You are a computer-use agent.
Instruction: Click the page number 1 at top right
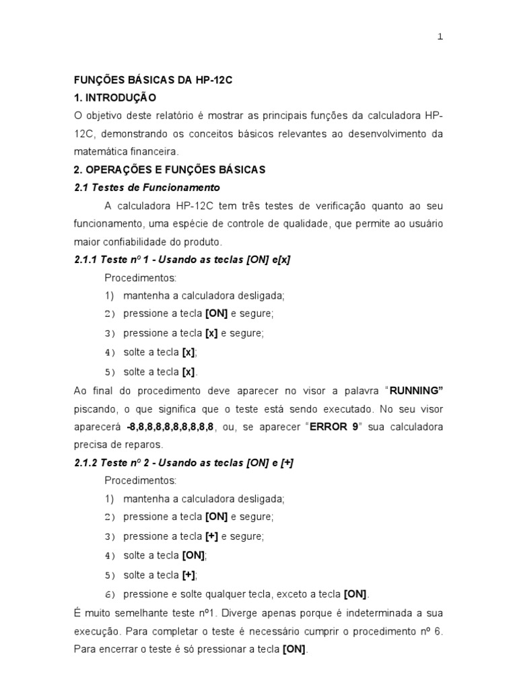coord(440,37)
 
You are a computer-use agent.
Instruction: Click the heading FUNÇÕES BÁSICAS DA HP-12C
coord(153,79)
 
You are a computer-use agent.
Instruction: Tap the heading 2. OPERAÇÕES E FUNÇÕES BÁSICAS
coord(170,170)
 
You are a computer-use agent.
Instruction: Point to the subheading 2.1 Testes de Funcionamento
coord(147,188)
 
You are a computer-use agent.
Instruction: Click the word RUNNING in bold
coord(416,390)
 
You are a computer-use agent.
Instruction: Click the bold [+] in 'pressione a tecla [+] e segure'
coord(212,536)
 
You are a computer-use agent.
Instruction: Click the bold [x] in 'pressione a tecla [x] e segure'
coord(211,333)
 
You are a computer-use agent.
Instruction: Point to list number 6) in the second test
coord(110,594)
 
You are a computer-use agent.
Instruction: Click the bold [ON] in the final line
coord(294,649)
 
